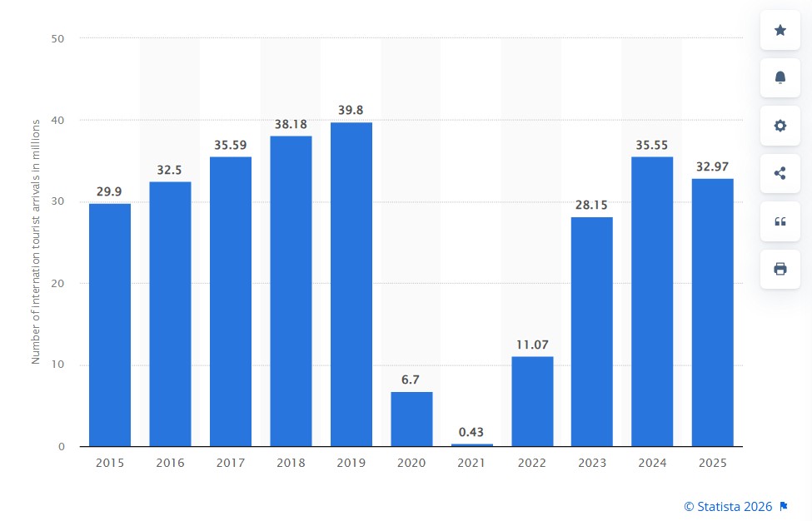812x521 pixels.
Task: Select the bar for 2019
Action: pos(351,284)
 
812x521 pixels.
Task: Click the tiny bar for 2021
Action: pos(471,444)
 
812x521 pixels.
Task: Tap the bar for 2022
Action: pos(532,401)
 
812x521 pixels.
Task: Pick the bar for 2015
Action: pos(110,325)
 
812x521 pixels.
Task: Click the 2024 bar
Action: pos(652,301)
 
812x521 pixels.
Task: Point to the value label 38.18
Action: pos(291,124)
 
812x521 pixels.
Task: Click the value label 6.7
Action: pos(410,380)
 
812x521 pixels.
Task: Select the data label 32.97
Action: pos(712,166)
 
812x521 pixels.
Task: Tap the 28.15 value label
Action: pos(591,205)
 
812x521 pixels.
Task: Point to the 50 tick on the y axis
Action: pos(57,39)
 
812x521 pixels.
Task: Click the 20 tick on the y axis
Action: pos(57,284)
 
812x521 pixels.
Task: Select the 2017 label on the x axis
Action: pos(231,463)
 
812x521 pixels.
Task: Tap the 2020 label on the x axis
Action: pos(411,463)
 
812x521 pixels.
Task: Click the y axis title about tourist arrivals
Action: pos(36,242)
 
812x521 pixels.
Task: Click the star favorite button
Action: pos(780,30)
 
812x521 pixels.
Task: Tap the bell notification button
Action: pos(780,77)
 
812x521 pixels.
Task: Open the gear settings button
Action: pos(780,125)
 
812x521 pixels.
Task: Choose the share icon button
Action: pos(780,173)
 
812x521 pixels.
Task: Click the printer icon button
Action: pos(780,269)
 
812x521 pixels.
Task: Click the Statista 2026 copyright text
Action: pos(728,507)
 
